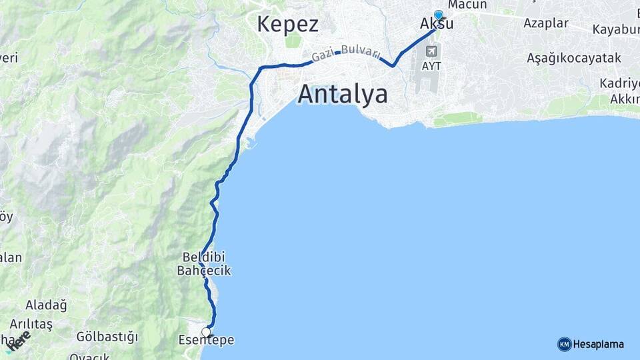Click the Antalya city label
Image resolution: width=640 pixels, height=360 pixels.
point(343,94)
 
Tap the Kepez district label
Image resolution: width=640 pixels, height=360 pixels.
point(287,24)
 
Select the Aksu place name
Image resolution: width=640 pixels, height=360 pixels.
point(437,24)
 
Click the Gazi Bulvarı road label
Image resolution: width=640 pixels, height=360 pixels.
point(341,53)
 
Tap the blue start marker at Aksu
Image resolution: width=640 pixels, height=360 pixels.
point(439,15)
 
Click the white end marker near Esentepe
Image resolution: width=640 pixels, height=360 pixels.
point(206,332)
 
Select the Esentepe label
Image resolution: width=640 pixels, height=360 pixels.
point(206,341)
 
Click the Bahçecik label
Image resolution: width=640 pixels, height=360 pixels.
point(204,271)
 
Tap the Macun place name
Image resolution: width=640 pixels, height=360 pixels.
point(467,5)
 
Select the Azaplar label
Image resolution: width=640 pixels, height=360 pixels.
point(546,23)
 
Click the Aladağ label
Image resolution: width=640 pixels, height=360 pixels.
point(46,305)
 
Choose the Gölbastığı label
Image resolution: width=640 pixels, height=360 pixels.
point(107,336)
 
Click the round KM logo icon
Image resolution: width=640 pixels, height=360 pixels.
point(564,344)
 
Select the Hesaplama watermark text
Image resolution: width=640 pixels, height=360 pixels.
point(598,344)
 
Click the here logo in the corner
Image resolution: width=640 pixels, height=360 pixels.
point(19,341)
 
